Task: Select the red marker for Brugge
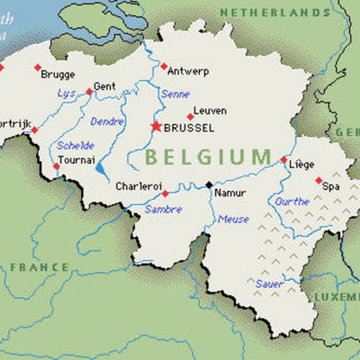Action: pyautogui.click(x=37, y=67)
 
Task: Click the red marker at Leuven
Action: pyautogui.click(x=190, y=116)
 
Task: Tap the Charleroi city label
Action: pyautogui.click(x=139, y=186)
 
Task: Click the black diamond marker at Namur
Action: pyautogui.click(x=209, y=184)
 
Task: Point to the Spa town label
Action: pyautogui.click(x=331, y=185)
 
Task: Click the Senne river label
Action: pyautogui.click(x=175, y=94)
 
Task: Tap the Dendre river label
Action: pyautogui.click(x=107, y=121)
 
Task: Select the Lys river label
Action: pyautogui.click(x=67, y=93)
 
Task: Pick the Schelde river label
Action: pyautogui.click(x=74, y=145)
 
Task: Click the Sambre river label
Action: pyautogui.click(x=164, y=209)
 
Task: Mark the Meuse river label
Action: pyautogui.click(x=234, y=219)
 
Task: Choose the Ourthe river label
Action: pyautogui.click(x=292, y=202)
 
